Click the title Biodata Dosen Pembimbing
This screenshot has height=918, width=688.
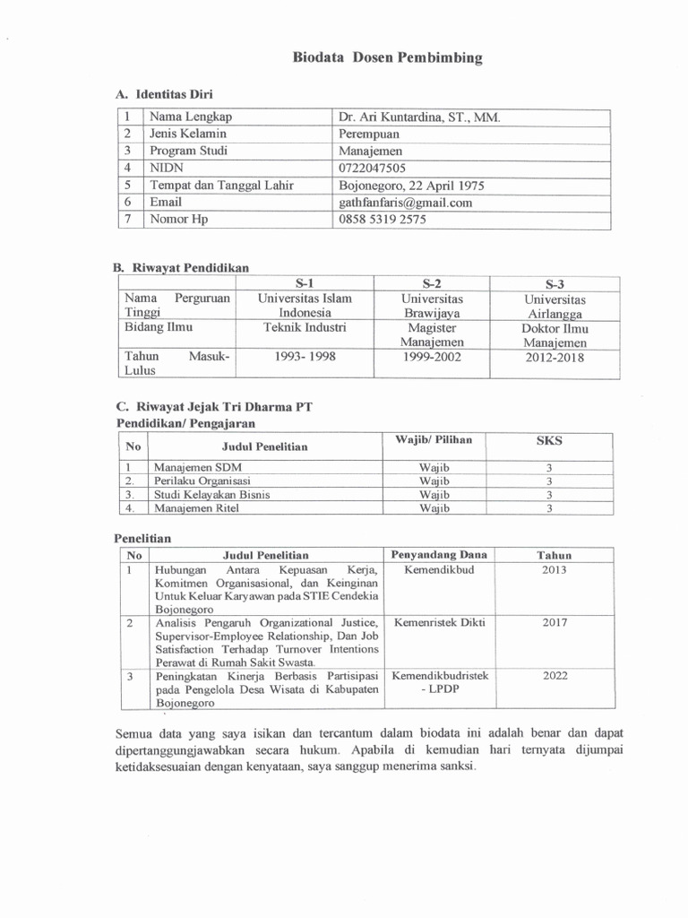tap(388, 58)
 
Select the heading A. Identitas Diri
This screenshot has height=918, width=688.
tap(164, 93)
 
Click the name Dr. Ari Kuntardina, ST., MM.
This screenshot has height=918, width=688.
tap(419, 117)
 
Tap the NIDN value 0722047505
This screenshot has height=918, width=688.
tap(372, 169)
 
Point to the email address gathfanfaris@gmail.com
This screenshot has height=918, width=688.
tap(405, 203)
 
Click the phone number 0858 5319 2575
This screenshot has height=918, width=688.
tap(383, 220)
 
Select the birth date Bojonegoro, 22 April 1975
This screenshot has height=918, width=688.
tap(411, 186)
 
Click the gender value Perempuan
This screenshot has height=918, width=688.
tap(372, 134)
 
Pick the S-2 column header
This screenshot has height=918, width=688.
tap(433, 282)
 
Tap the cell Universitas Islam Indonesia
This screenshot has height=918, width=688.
tap(305, 306)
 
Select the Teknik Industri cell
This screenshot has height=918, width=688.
tap(305, 328)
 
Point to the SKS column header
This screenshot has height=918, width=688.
tap(549, 441)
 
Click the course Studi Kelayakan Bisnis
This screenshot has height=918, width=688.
tap(211, 494)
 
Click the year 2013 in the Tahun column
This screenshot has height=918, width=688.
tap(555, 570)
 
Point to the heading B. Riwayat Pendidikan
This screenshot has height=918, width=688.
tap(181, 267)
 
